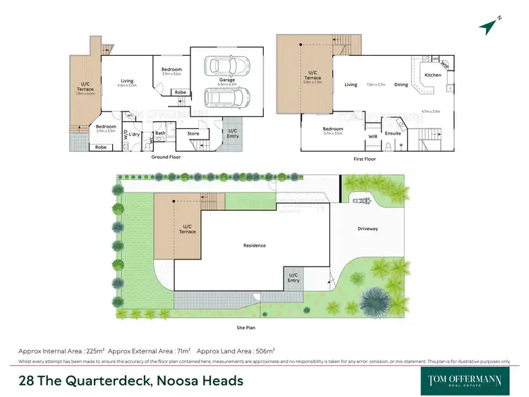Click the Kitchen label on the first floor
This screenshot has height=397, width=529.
(x=432, y=75)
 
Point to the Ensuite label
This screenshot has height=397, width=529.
(x=394, y=133)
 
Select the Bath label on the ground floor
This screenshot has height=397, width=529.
(x=161, y=133)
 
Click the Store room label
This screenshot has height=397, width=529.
(x=193, y=133)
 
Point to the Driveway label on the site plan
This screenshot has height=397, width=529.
(x=367, y=228)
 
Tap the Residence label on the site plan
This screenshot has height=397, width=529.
(x=255, y=245)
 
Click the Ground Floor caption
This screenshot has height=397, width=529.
(x=166, y=157)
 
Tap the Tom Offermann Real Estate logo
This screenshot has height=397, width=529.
(x=465, y=380)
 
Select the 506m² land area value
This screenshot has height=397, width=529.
(x=264, y=350)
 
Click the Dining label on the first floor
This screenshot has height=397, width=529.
(x=401, y=85)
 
